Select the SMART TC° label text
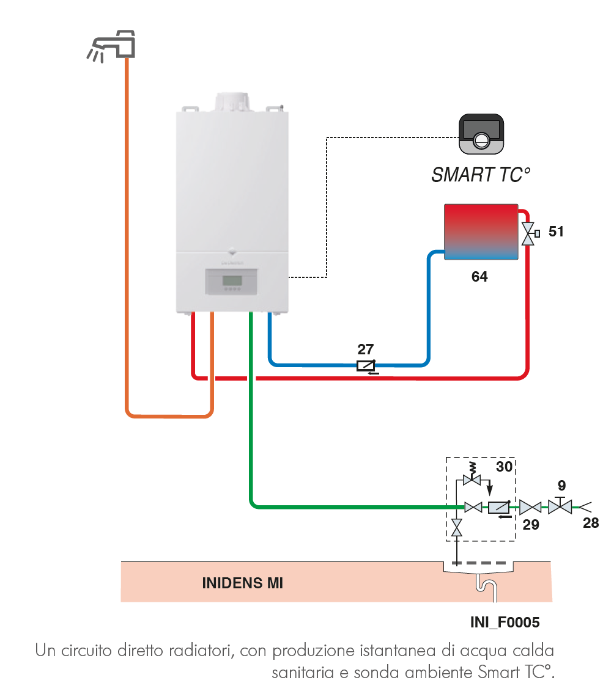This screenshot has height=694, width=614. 480,175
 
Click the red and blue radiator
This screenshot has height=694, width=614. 481,232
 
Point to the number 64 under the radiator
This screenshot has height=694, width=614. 479,277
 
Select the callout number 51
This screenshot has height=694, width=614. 556,232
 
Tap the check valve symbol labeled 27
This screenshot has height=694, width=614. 366,366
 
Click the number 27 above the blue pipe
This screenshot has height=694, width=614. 365,349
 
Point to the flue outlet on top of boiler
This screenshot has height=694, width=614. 232,103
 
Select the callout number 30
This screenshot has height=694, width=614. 504,467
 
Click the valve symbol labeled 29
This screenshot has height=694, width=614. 530,506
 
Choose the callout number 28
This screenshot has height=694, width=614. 591,523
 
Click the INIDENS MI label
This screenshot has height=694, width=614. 242,583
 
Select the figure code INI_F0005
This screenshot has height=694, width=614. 505,623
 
